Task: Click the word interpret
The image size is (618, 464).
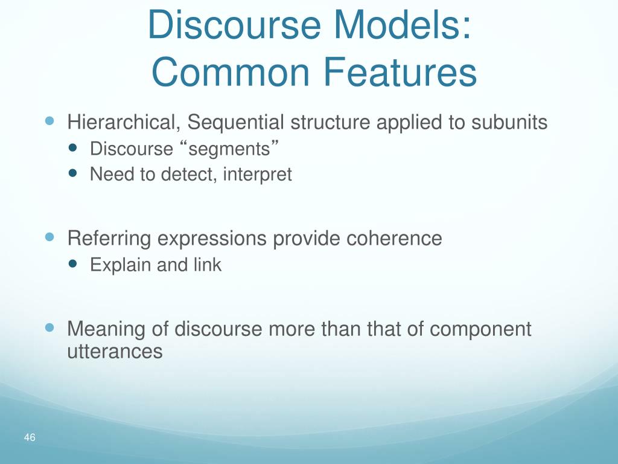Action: [257, 175]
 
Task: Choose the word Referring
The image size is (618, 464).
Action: [109, 238]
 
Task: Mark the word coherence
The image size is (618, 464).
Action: [394, 238]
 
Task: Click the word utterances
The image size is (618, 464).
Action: [115, 351]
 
